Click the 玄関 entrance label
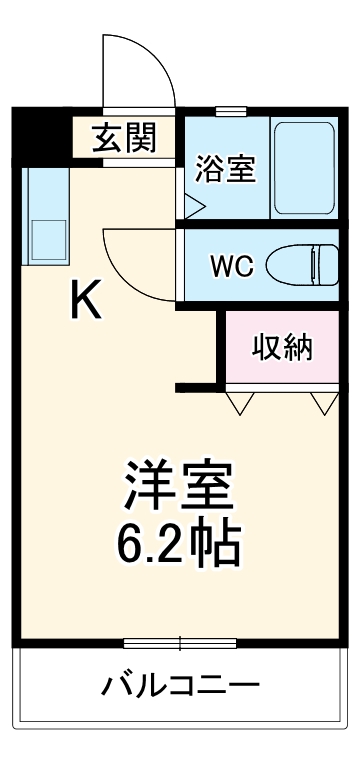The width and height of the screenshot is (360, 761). click(x=124, y=138)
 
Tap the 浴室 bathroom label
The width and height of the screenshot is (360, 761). click(x=225, y=166)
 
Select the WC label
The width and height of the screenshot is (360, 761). click(x=231, y=266)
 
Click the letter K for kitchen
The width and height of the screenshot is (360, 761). click(x=85, y=300)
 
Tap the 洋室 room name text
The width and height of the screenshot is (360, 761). click(x=180, y=487)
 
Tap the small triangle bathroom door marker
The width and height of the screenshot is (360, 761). click(x=192, y=207)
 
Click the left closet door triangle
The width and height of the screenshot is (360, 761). click(x=241, y=403)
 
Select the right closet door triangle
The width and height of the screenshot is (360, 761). click(x=322, y=403)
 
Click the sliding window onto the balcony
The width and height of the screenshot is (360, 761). click(x=180, y=642)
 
